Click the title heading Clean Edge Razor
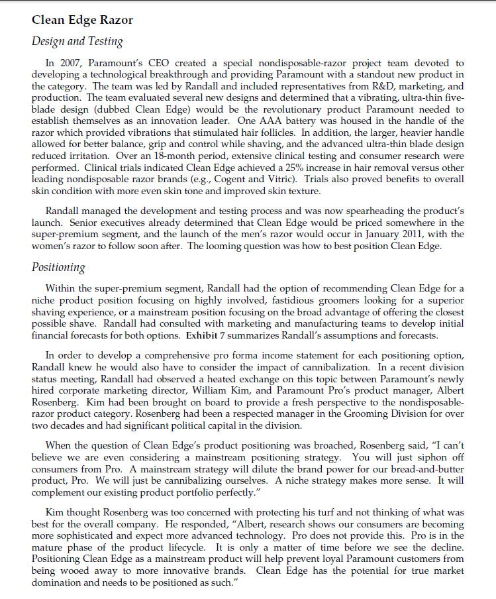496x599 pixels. point(82,20)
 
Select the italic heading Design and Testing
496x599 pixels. point(77,42)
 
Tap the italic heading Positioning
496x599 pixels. point(58,268)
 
